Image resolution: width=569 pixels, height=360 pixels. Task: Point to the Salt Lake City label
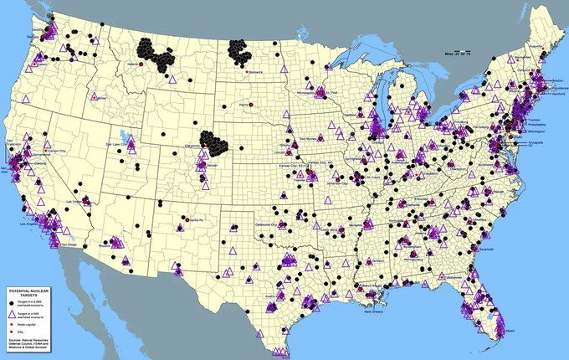(x=118, y=143)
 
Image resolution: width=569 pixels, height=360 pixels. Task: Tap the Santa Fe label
(x=197, y=218)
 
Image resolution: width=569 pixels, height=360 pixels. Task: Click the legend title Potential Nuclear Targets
(x=30, y=292)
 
